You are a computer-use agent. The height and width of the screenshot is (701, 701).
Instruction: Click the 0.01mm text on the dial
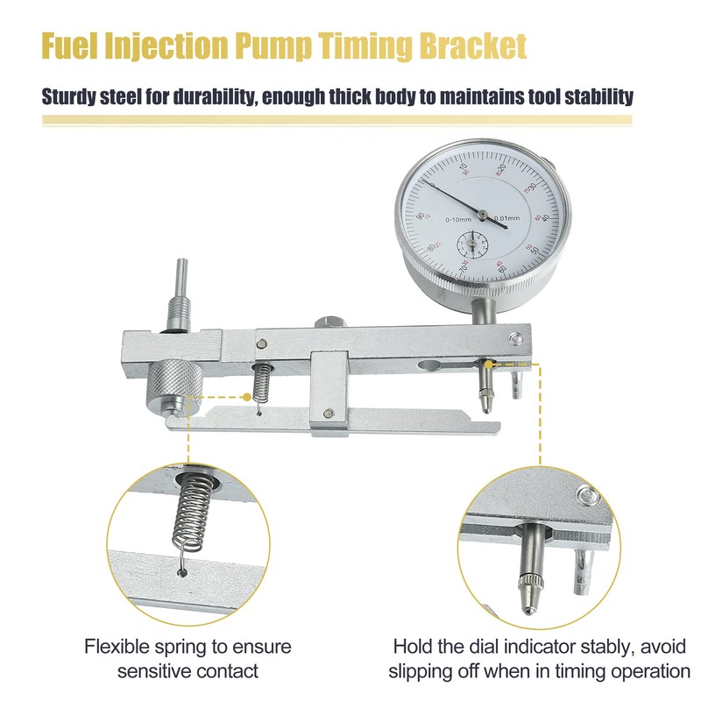click(x=506, y=219)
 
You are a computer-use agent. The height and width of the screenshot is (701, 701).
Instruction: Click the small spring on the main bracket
click(x=260, y=380)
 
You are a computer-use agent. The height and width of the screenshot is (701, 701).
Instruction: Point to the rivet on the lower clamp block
click(x=327, y=416)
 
